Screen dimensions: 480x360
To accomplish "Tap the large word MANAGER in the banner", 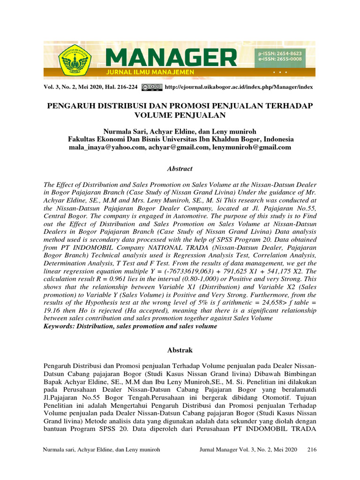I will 171,58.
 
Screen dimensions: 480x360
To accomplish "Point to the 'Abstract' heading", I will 180,168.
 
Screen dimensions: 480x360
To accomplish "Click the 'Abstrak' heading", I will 180,350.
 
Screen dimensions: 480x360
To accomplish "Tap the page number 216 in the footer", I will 312,450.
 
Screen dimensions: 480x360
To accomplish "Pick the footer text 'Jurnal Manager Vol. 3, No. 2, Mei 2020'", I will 248,450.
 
